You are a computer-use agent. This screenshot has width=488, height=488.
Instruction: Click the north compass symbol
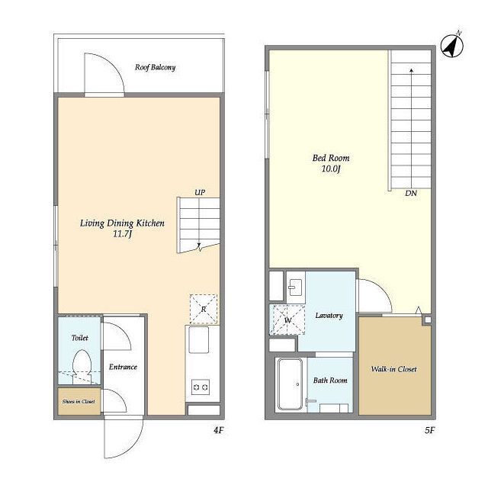point(452,46)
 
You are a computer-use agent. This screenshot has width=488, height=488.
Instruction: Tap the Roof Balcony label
point(155,67)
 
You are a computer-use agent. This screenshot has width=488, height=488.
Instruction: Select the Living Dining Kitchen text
point(122,223)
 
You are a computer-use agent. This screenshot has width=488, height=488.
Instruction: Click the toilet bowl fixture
point(82,364)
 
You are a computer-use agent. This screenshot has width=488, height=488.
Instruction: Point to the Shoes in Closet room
point(79,401)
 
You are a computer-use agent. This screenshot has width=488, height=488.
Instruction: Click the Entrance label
point(123,367)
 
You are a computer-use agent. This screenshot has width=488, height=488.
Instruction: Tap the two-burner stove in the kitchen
point(201,387)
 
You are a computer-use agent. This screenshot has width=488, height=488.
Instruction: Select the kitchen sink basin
point(199,339)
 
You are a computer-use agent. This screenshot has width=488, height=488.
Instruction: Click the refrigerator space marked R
point(204,309)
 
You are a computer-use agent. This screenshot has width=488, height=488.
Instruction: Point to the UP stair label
point(200,193)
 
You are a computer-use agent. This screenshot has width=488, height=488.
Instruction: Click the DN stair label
point(411,193)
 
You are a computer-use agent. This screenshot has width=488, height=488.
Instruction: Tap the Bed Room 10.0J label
point(331,163)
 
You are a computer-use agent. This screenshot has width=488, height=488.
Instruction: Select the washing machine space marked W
point(287,320)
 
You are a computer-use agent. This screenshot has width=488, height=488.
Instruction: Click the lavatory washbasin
point(295,287)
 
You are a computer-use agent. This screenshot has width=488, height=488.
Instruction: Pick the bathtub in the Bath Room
point(290,384)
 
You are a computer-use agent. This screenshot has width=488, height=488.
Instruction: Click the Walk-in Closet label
point(393,369)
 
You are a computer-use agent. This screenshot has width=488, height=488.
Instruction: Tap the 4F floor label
point(219,430)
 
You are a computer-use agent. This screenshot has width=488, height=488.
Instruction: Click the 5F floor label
point(429,430)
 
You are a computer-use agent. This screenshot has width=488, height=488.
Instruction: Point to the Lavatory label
point(329,316)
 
